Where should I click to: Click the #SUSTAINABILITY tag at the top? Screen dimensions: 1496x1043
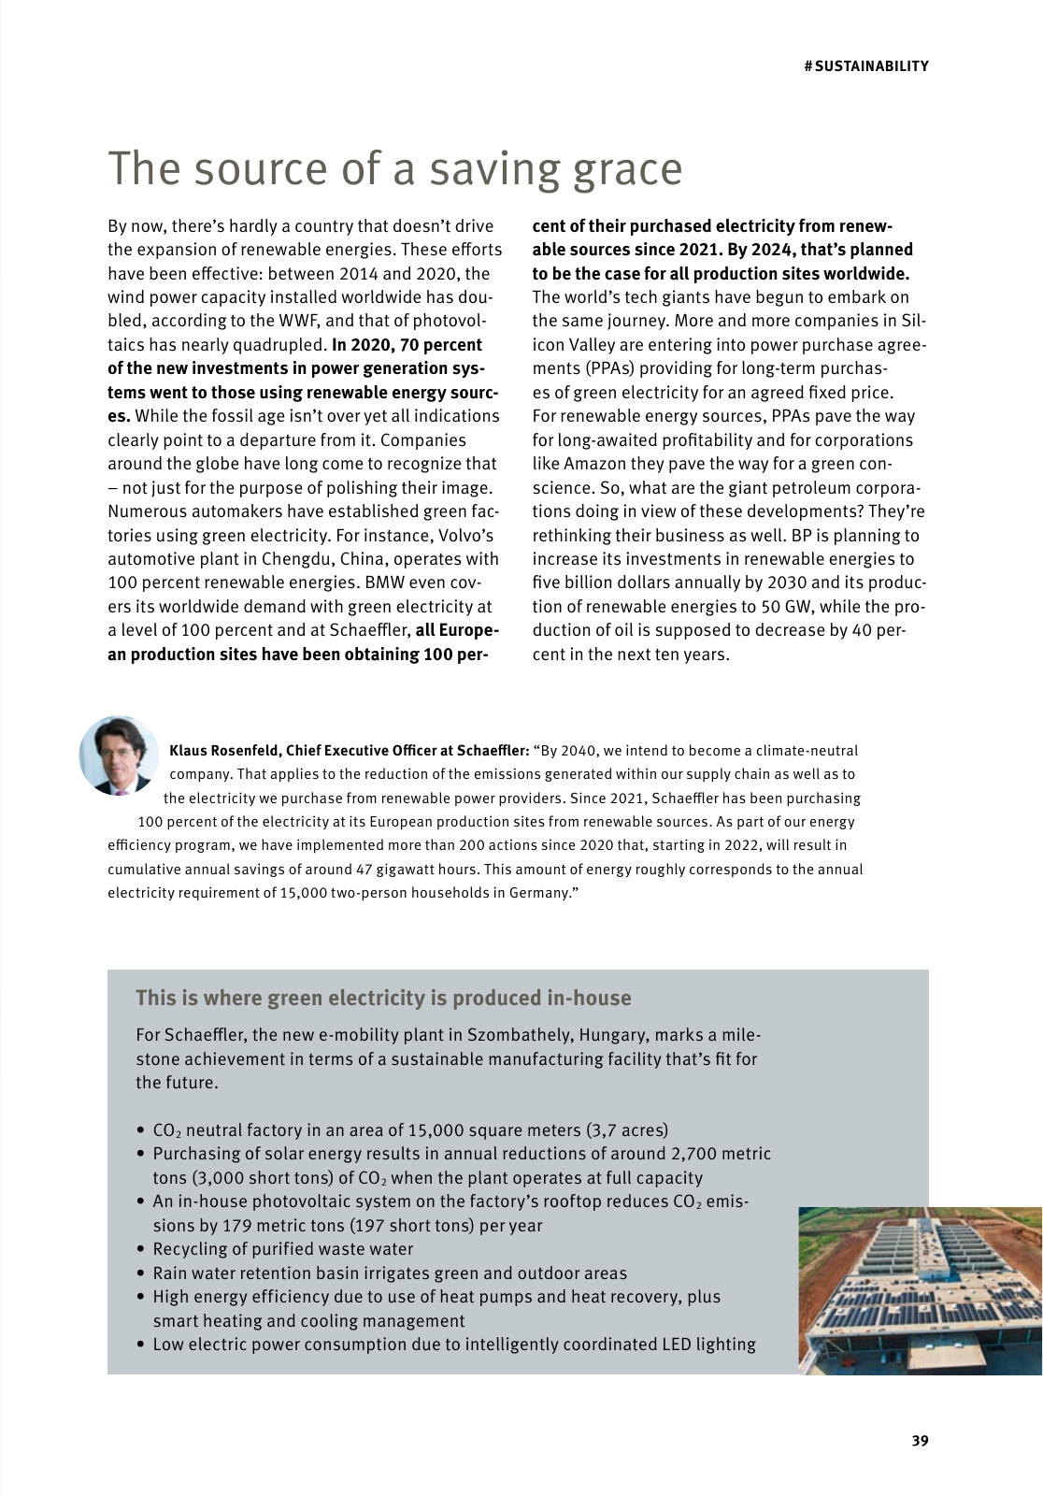[x=866, y=66]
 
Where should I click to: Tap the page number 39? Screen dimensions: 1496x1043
[x=920, y=1441]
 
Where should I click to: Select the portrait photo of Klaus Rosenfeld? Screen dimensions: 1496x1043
[x=119, y=755]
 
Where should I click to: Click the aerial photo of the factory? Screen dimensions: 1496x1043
[x=920, y=1290]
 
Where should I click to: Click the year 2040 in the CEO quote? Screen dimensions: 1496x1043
[x=579, y=751]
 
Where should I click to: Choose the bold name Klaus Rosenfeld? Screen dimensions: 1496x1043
[x=224, y=751]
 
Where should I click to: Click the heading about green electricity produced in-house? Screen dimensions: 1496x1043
[x=383, y=998]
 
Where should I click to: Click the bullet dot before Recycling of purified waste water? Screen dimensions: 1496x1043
[x=141, y=1249]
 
